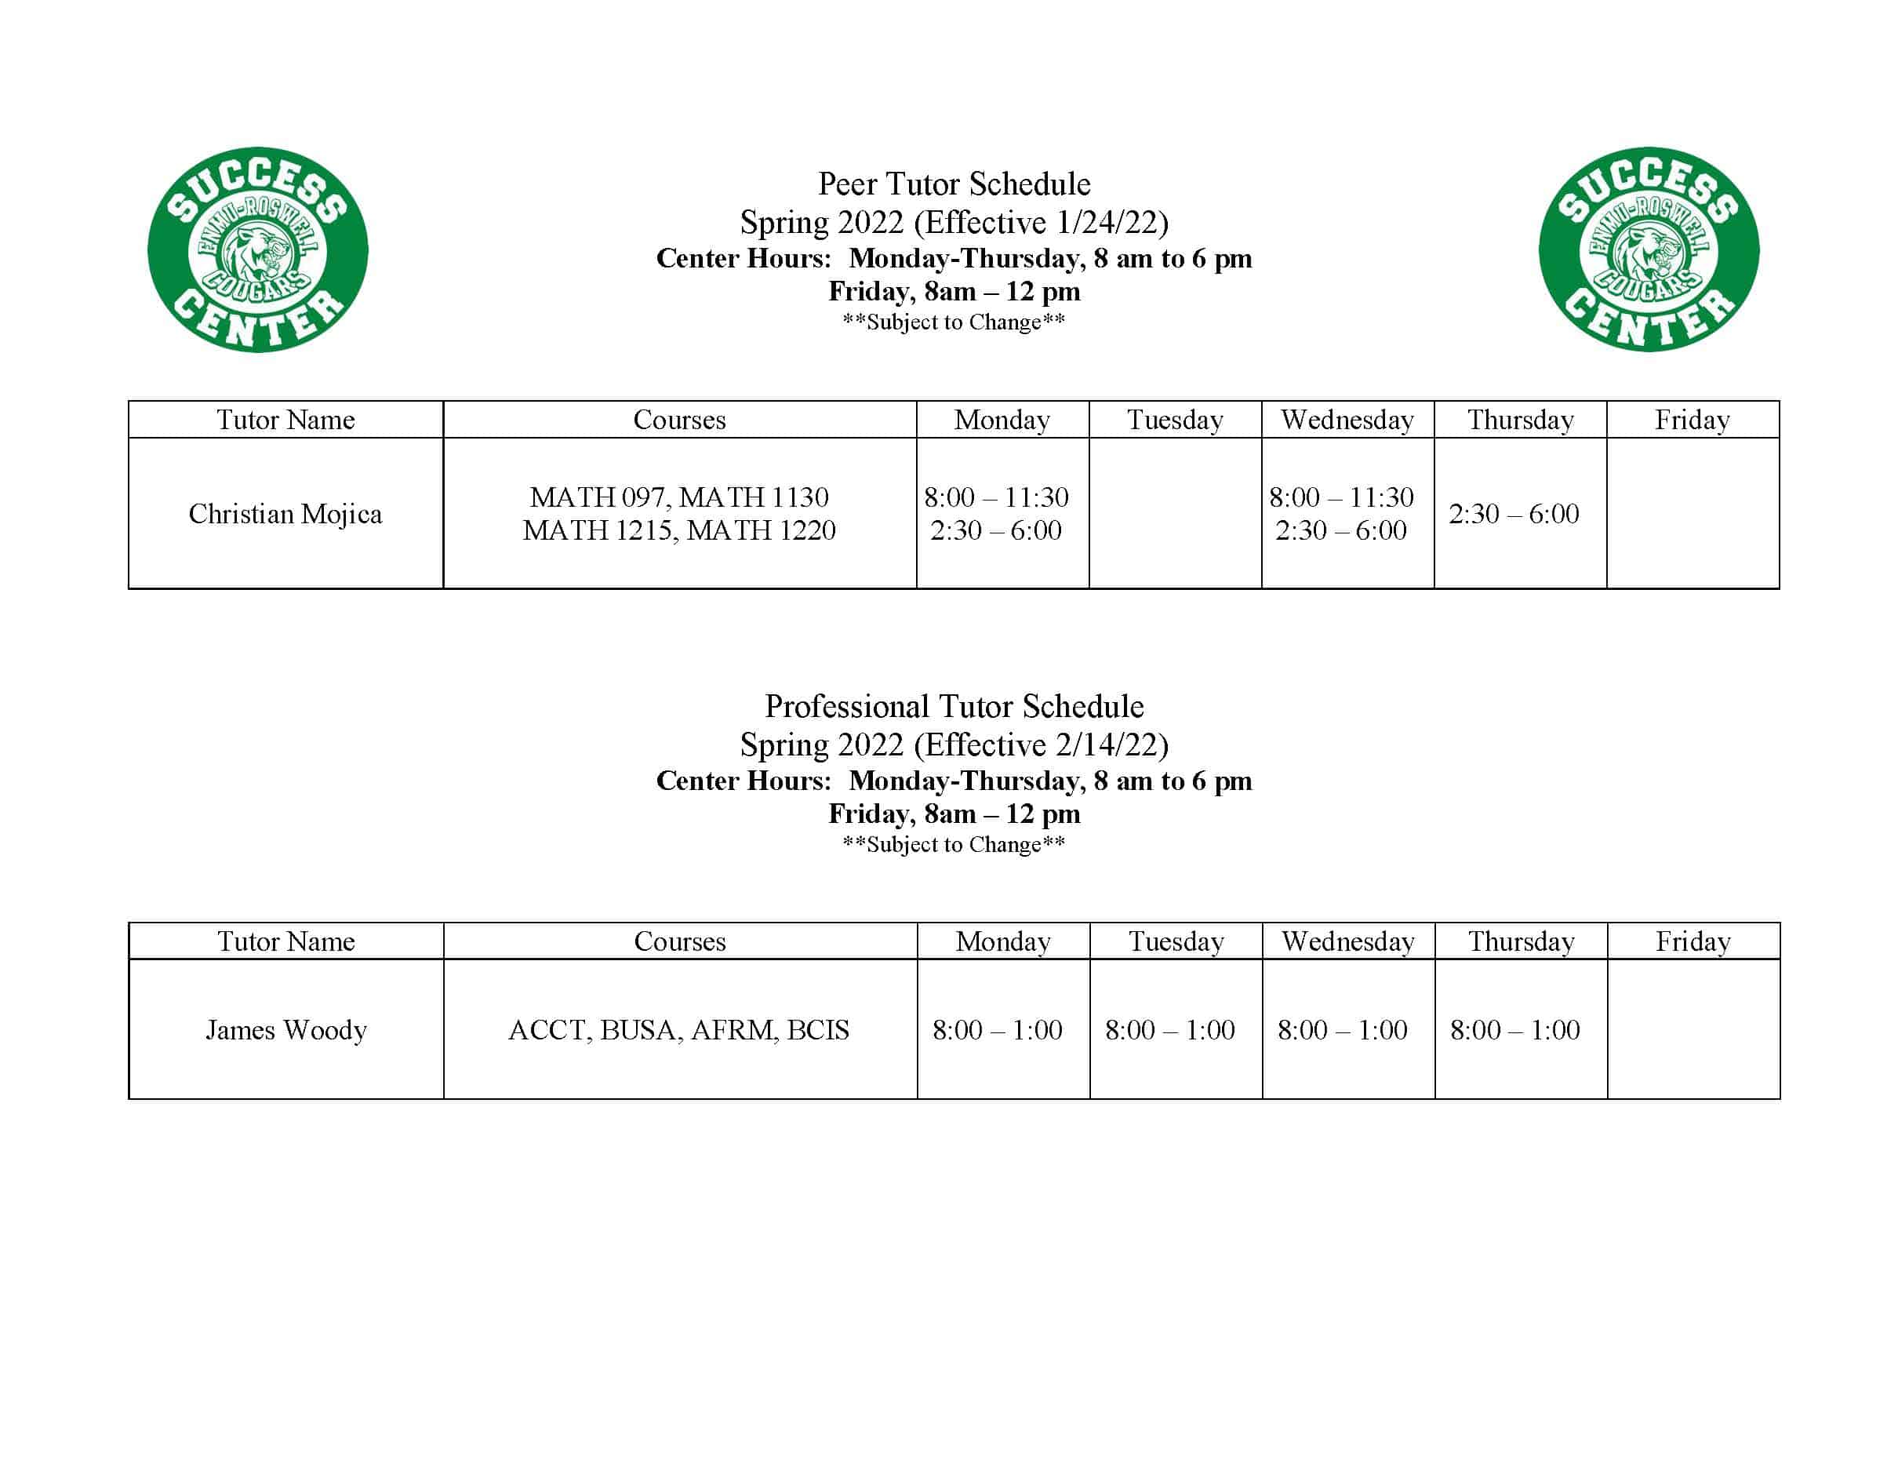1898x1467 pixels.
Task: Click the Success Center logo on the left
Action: click(258, 249)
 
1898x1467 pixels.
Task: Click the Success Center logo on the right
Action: click(1649, 249)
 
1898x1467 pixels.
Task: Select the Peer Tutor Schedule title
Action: click(954, 184)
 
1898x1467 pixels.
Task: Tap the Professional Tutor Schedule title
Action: click(954, 707)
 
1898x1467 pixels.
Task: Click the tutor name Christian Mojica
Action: click(285, 514)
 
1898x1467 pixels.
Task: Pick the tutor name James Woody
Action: click(286, 1030)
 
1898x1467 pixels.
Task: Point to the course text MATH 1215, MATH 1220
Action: click(678, 530)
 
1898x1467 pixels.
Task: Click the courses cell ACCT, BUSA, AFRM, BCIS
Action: click(678, 1030)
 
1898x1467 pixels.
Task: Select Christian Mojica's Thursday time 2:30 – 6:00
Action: click(1513, 514)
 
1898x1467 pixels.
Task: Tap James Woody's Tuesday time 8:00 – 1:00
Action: click(1169, 1030)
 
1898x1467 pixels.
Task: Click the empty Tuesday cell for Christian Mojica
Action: click(1175, 513)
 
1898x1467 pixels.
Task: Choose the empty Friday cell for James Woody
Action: click(1693, 1029)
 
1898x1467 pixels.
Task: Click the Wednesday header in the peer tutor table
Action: click(1347, 420)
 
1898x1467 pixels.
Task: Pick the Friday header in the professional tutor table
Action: click(1693, 941)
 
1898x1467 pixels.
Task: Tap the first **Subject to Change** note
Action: click(954, 322)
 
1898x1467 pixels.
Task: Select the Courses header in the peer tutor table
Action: click(678, 420)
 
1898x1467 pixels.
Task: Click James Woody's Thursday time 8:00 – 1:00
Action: click(1514, 1030)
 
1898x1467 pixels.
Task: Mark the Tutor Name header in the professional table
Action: click(286, 941)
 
